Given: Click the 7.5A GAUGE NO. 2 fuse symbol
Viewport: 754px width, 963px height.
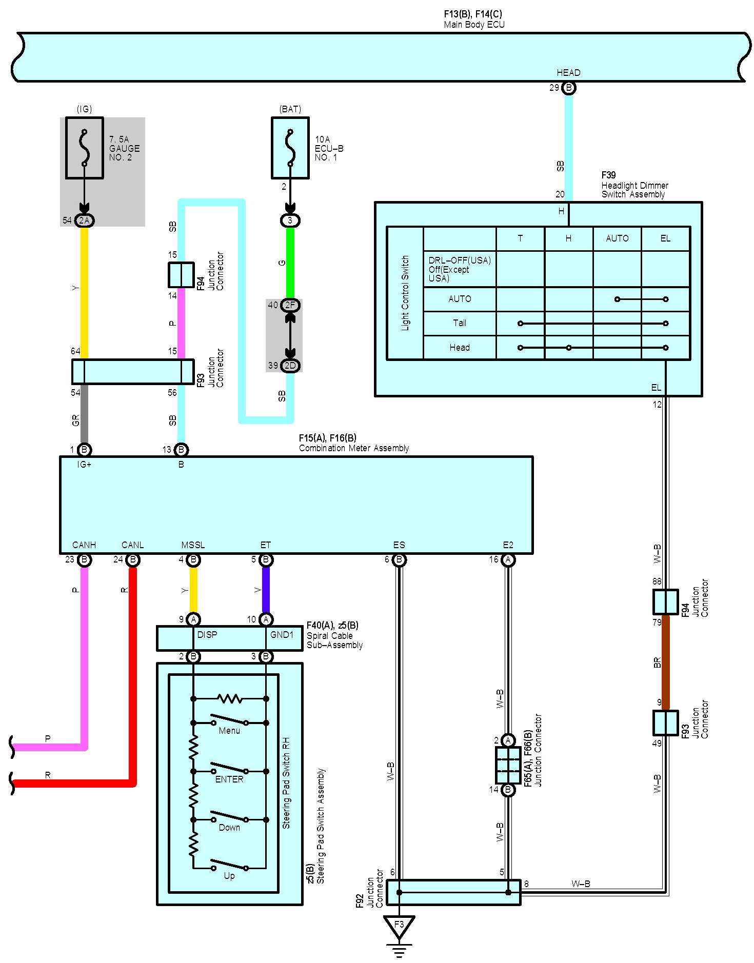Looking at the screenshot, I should click(85, 148).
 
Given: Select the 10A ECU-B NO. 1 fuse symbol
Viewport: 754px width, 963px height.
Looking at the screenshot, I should click(290, 148).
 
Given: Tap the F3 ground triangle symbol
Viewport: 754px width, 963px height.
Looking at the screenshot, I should click(399, 925).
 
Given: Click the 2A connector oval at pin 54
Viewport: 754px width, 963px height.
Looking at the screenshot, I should click(84, 220).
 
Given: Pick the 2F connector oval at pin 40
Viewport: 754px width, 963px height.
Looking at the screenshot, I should click(290, 305).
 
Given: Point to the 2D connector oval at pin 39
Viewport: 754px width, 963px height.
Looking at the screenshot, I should click(290, 366).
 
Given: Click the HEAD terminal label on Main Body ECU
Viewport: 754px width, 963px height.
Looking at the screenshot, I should click(568, 73).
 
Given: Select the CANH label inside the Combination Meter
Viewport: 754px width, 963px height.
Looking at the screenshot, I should click(84, 545).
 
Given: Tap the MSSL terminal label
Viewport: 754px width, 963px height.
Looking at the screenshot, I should click(193, 545).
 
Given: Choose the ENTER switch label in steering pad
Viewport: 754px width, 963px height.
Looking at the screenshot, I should click(229, 779).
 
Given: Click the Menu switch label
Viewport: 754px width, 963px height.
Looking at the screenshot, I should click(229, 731).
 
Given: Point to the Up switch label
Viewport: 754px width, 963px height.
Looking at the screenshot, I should click(229, 875).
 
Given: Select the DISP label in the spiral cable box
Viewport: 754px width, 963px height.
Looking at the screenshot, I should click(207, 635).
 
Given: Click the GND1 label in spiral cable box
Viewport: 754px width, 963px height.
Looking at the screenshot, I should click(282, 635).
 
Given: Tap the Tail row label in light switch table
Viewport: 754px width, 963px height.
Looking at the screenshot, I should click(460, 323).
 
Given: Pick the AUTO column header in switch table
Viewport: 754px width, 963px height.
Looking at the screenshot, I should click(617, 238).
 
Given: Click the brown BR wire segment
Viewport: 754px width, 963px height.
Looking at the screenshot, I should click(666, 661).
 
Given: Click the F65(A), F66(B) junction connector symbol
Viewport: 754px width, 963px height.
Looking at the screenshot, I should click(508, 765).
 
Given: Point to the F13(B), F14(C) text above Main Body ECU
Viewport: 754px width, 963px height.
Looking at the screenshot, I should click(473, 14).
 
